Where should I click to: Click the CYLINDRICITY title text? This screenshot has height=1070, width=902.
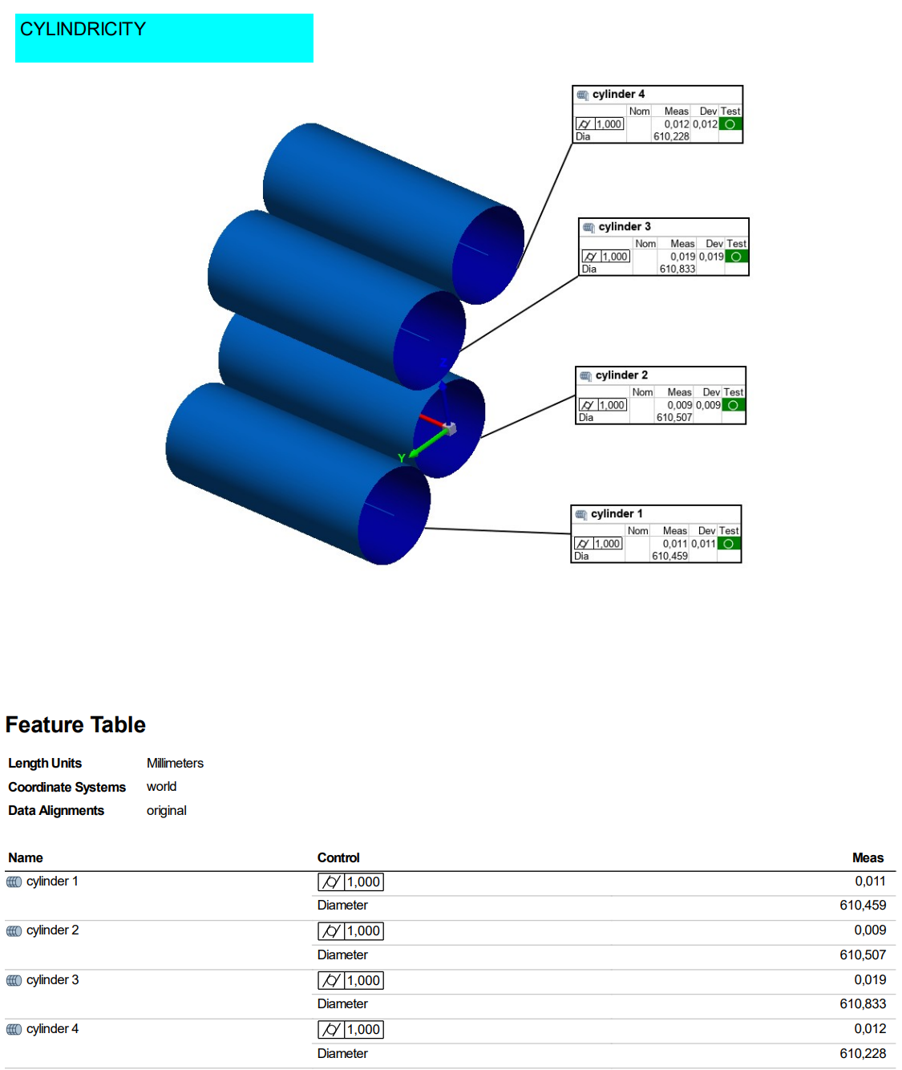click(x=83, y=29)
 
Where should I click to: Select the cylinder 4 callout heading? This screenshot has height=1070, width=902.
click(x=617, y=95)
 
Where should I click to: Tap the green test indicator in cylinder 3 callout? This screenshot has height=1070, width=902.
click(x=735, y=256)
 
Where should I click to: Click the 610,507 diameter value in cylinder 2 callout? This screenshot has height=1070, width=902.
click(x=673, y=417)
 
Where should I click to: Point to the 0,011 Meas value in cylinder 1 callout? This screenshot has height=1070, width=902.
click(x=674, y=543)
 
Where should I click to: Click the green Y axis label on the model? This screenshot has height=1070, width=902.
click(x=401, y=458)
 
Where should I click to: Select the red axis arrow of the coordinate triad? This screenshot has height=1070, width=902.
click(x=431, y=420)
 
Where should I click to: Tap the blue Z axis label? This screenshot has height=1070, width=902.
click(x=443, y=363)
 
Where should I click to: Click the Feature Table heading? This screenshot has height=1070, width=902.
click(x=75, y=724)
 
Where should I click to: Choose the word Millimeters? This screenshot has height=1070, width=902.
click(x=175, y=763)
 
